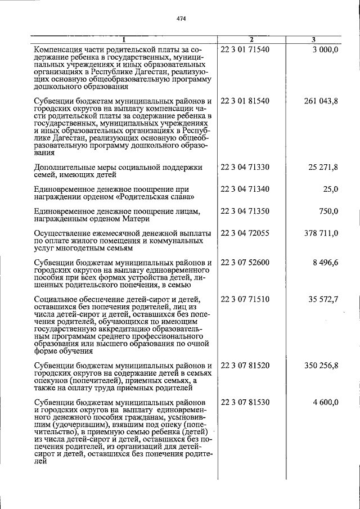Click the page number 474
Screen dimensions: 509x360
(x=181, y=19)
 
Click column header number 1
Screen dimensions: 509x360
(x=124, y=39)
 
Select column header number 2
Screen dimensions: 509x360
(x=251, y=39)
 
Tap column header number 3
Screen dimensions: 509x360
(x=313, y=39)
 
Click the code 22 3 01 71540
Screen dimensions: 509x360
(x=245, y=49)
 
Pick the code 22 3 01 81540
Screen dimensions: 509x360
(x=245, y=101)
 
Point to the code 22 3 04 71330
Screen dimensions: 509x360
(x=245, y=167)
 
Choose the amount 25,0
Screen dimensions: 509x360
(x=330, y=189)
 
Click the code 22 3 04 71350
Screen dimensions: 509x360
(x=245, y=211)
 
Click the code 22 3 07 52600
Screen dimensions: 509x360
(x=245, y=263)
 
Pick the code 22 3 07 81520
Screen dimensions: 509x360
(x=245, y=366)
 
